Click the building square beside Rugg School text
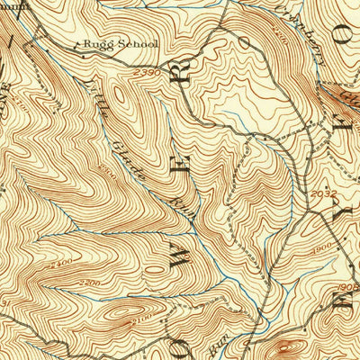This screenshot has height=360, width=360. [75, 43]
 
